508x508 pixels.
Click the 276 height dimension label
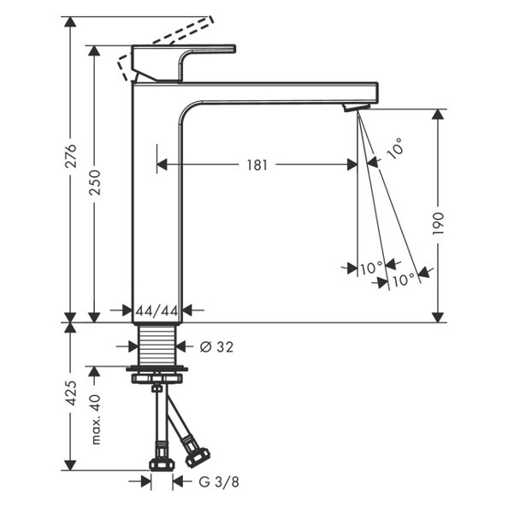click(x=71, y=156)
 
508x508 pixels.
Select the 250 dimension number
click(x=95, y=182)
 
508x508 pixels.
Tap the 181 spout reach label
click(x=257, y=165)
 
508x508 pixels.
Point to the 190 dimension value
click(x=438, y=223)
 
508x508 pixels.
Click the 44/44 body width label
click(x=157, y=311)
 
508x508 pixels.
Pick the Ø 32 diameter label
click(x=216, y=347)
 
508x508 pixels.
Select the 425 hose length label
click(x=71, y=393)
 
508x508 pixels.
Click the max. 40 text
click(x=95, y=419)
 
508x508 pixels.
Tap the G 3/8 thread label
click(x=219, y=481)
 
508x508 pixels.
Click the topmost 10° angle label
click(x=395, y=149)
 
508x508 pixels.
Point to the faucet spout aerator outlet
click(x=357, y=107)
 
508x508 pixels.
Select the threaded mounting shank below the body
click(x=157, y=344)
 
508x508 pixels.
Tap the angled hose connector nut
click(x=197, y=454)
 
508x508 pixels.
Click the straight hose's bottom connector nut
click(x=162, y=464)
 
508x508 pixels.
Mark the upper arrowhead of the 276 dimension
click(x=70, y=21)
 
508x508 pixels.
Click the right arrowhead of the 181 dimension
click(x=352, y=164)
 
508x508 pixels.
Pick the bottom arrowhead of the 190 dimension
click(x=438, y=317)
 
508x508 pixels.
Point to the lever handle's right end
click(x=234, y=48)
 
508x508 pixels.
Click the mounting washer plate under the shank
click(x=157, y=369)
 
